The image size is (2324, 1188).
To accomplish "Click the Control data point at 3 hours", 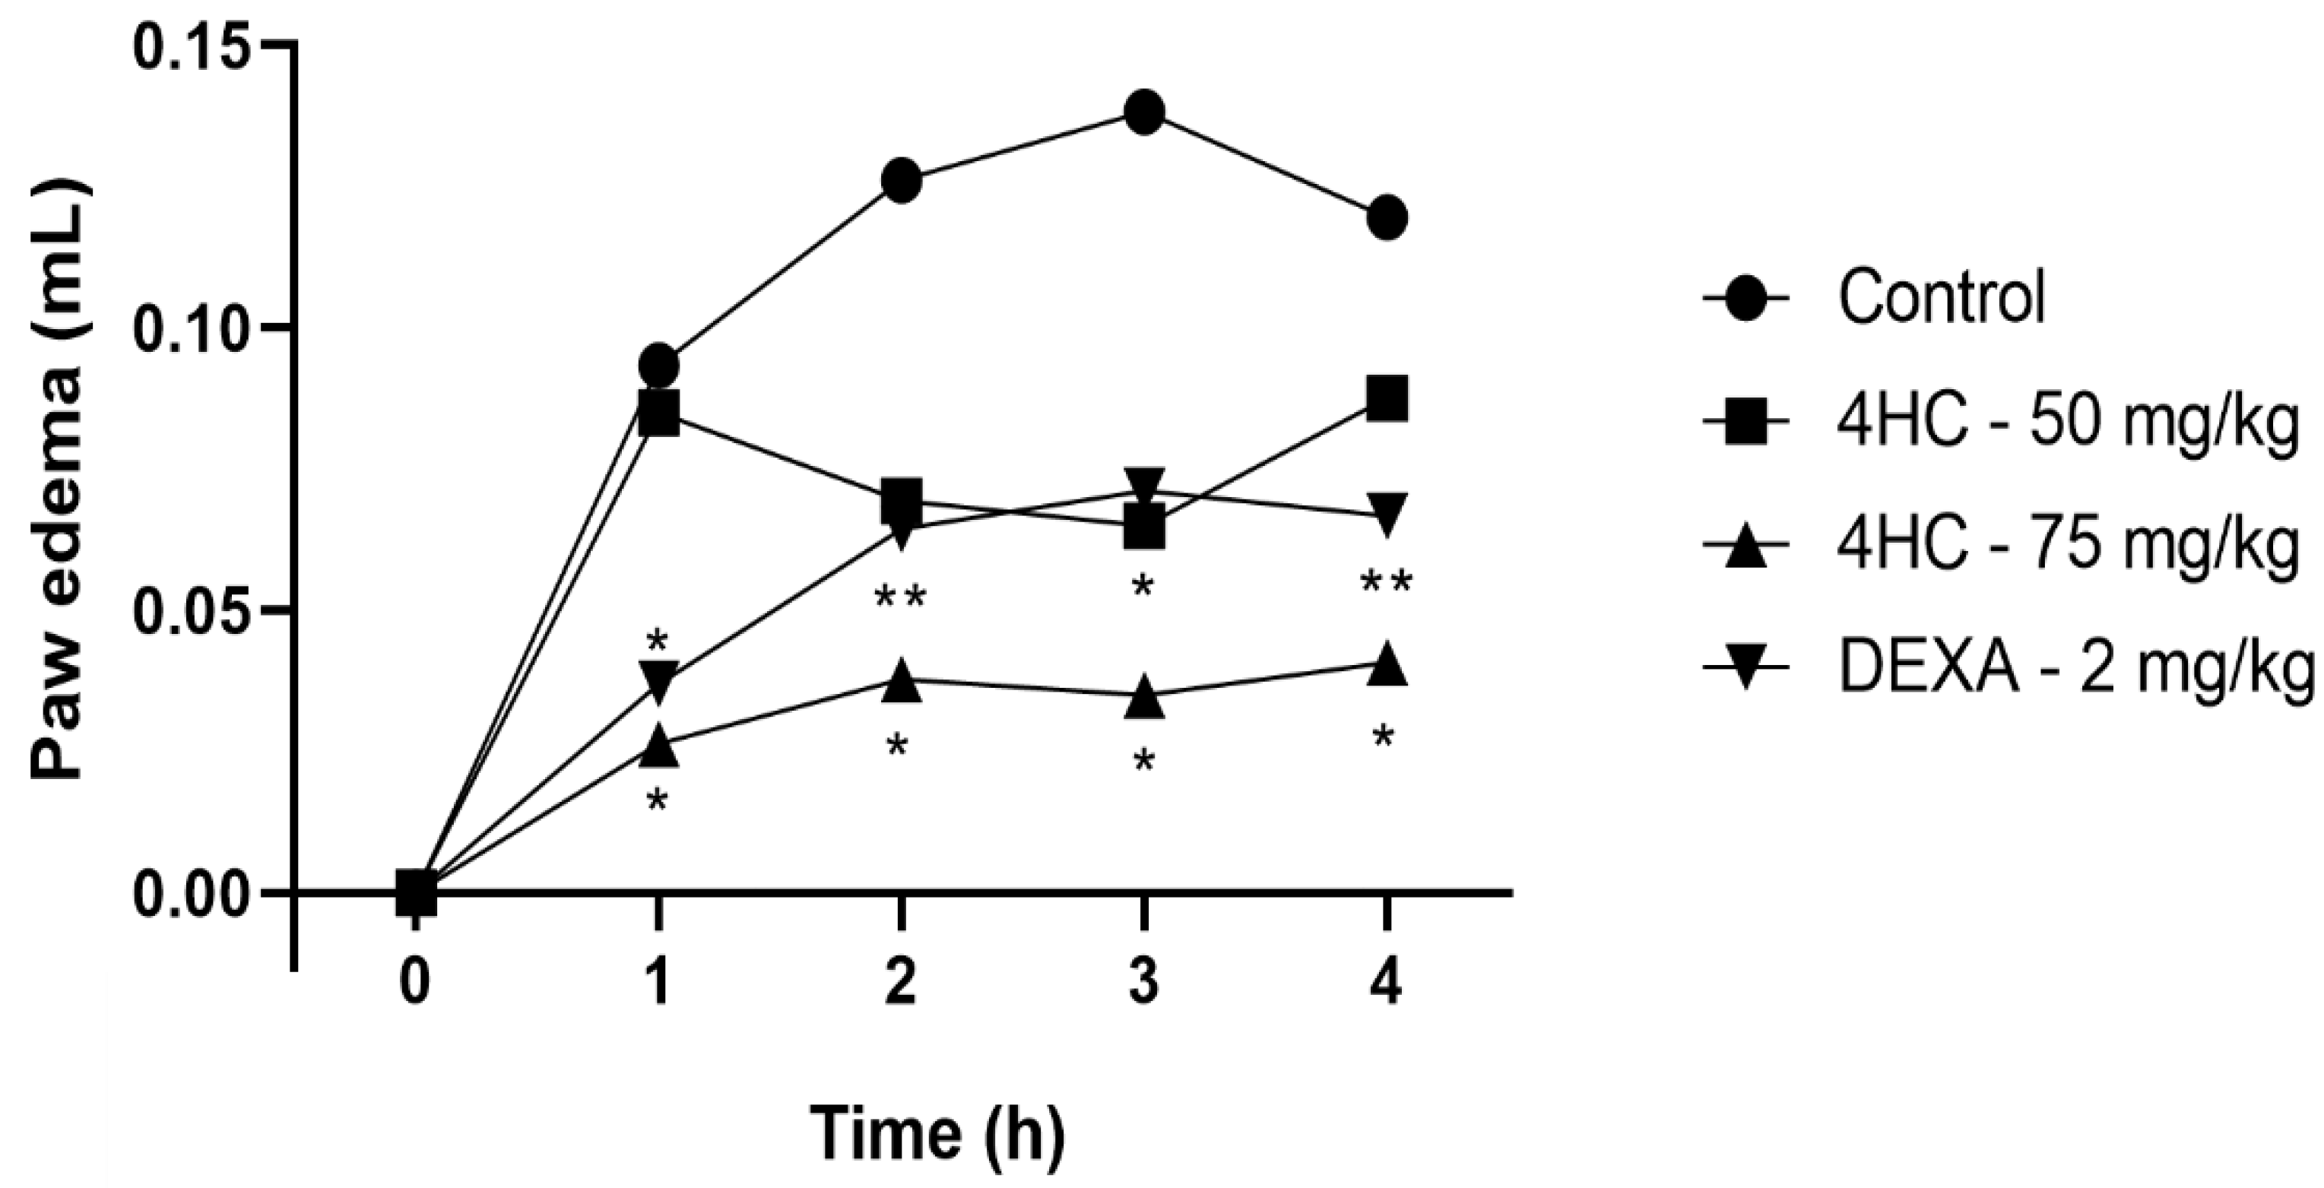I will pyautogui.click(x=1144, y=112).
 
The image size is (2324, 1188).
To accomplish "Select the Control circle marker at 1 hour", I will pyautogui.click(x=658, y=366).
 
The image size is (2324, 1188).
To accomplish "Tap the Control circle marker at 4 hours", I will pyautogui.click(x=1387, y=218).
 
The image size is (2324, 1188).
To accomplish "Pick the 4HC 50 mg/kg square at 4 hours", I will pyautogui.click(x=1387, y=400).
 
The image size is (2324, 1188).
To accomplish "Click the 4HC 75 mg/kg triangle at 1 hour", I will pyautogui.click(x=658, y=745).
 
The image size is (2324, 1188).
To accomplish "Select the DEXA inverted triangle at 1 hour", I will pyautogui.click(x=658, y=681).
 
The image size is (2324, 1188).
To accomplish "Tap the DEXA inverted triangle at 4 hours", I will pyautogui.click(x=1387, y=512).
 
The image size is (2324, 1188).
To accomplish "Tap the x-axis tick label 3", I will pyautogui.click(x=1144, y=982).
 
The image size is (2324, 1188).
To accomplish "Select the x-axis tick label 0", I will pyautogui.click(x=415, y=982).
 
